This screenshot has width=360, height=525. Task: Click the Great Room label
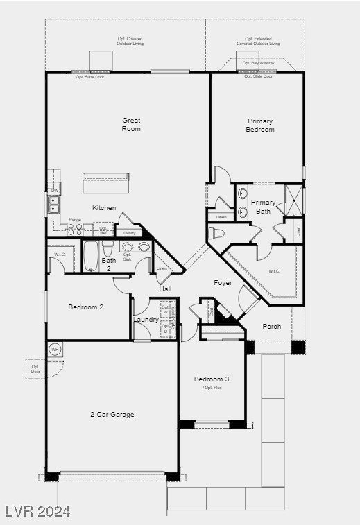[131, 124]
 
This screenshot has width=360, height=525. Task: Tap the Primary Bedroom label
[260, 125]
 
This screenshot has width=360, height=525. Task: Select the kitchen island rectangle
[106, 184]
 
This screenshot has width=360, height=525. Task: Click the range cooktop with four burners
[75, 229]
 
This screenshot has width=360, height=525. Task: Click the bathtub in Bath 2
[91, 255]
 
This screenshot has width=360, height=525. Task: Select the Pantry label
[130, 233]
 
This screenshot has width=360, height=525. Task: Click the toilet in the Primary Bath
[216, 233]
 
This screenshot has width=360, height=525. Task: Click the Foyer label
[223, 283]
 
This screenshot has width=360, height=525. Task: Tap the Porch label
[272, 326]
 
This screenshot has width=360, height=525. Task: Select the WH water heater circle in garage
[55, 350]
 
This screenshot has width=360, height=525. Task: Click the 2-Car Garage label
[112, 415]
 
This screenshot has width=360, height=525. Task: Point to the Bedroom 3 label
[211, 379]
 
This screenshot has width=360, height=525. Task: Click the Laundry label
[146, 320]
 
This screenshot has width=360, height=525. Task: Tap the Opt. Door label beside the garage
[35, 369]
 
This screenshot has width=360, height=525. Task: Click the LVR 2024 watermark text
[37, 511]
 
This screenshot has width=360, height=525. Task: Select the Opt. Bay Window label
[258, 63]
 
